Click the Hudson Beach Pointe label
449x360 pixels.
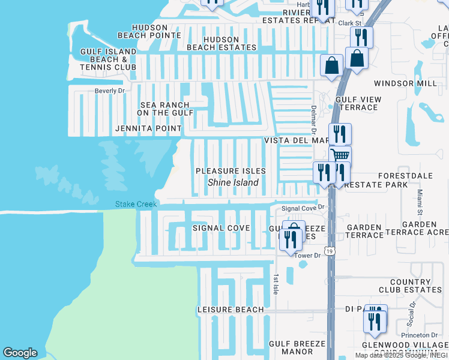coord(149,31)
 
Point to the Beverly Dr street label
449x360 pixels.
coord(109,91)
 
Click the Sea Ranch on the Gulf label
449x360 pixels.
coord(165,109)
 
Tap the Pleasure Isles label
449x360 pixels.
coord(231,171)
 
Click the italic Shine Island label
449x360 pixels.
coord(233,182)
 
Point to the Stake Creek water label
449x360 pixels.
coord(136,205)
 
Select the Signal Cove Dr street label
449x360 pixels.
coord(303,208)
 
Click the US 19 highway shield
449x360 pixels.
coord(330,250)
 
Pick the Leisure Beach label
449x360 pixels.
coord(231,310)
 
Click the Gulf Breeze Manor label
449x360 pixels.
coord(297,347)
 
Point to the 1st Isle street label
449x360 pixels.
coord(276,284)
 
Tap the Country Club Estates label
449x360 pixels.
coord(411,286)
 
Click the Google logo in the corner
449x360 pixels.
coord(20,353)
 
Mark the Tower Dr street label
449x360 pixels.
coord(308,256)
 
